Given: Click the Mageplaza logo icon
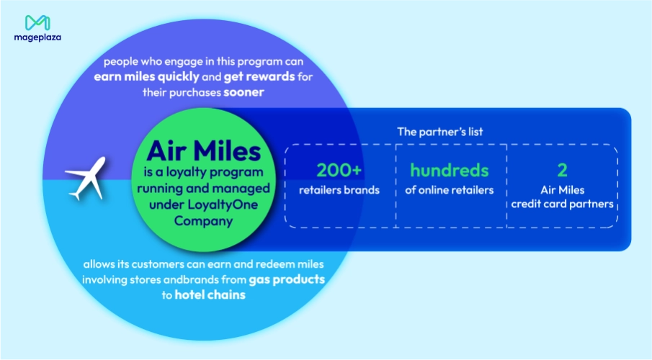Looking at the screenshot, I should [x=36, y=22].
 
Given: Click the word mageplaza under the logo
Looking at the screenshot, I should [x=36, y=37].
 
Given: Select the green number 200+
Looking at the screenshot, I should [x=340, y=171].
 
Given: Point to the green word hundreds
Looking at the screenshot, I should [x=450, y=171].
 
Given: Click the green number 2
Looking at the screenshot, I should [x=562, y=171].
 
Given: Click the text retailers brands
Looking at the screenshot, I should [x=340, y=190].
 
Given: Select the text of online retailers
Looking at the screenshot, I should [x=450, y=190].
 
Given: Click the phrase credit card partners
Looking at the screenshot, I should [x=562, y=204].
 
